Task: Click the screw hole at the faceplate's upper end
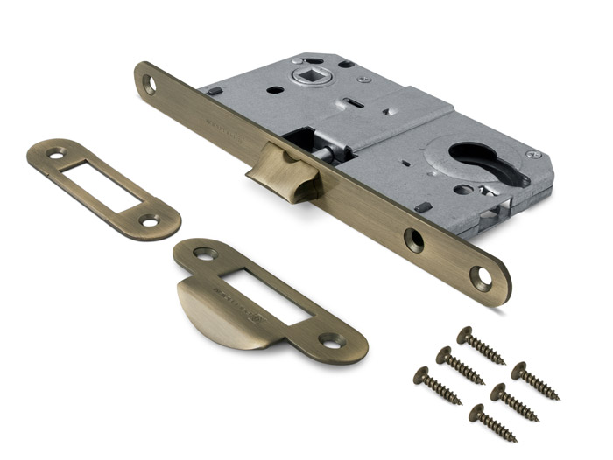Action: point(149,84)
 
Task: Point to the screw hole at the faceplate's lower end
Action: point(481,279)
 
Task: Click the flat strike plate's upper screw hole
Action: point(57,155)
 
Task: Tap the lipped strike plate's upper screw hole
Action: point(205,254)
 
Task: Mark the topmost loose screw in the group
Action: point(481,345)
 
